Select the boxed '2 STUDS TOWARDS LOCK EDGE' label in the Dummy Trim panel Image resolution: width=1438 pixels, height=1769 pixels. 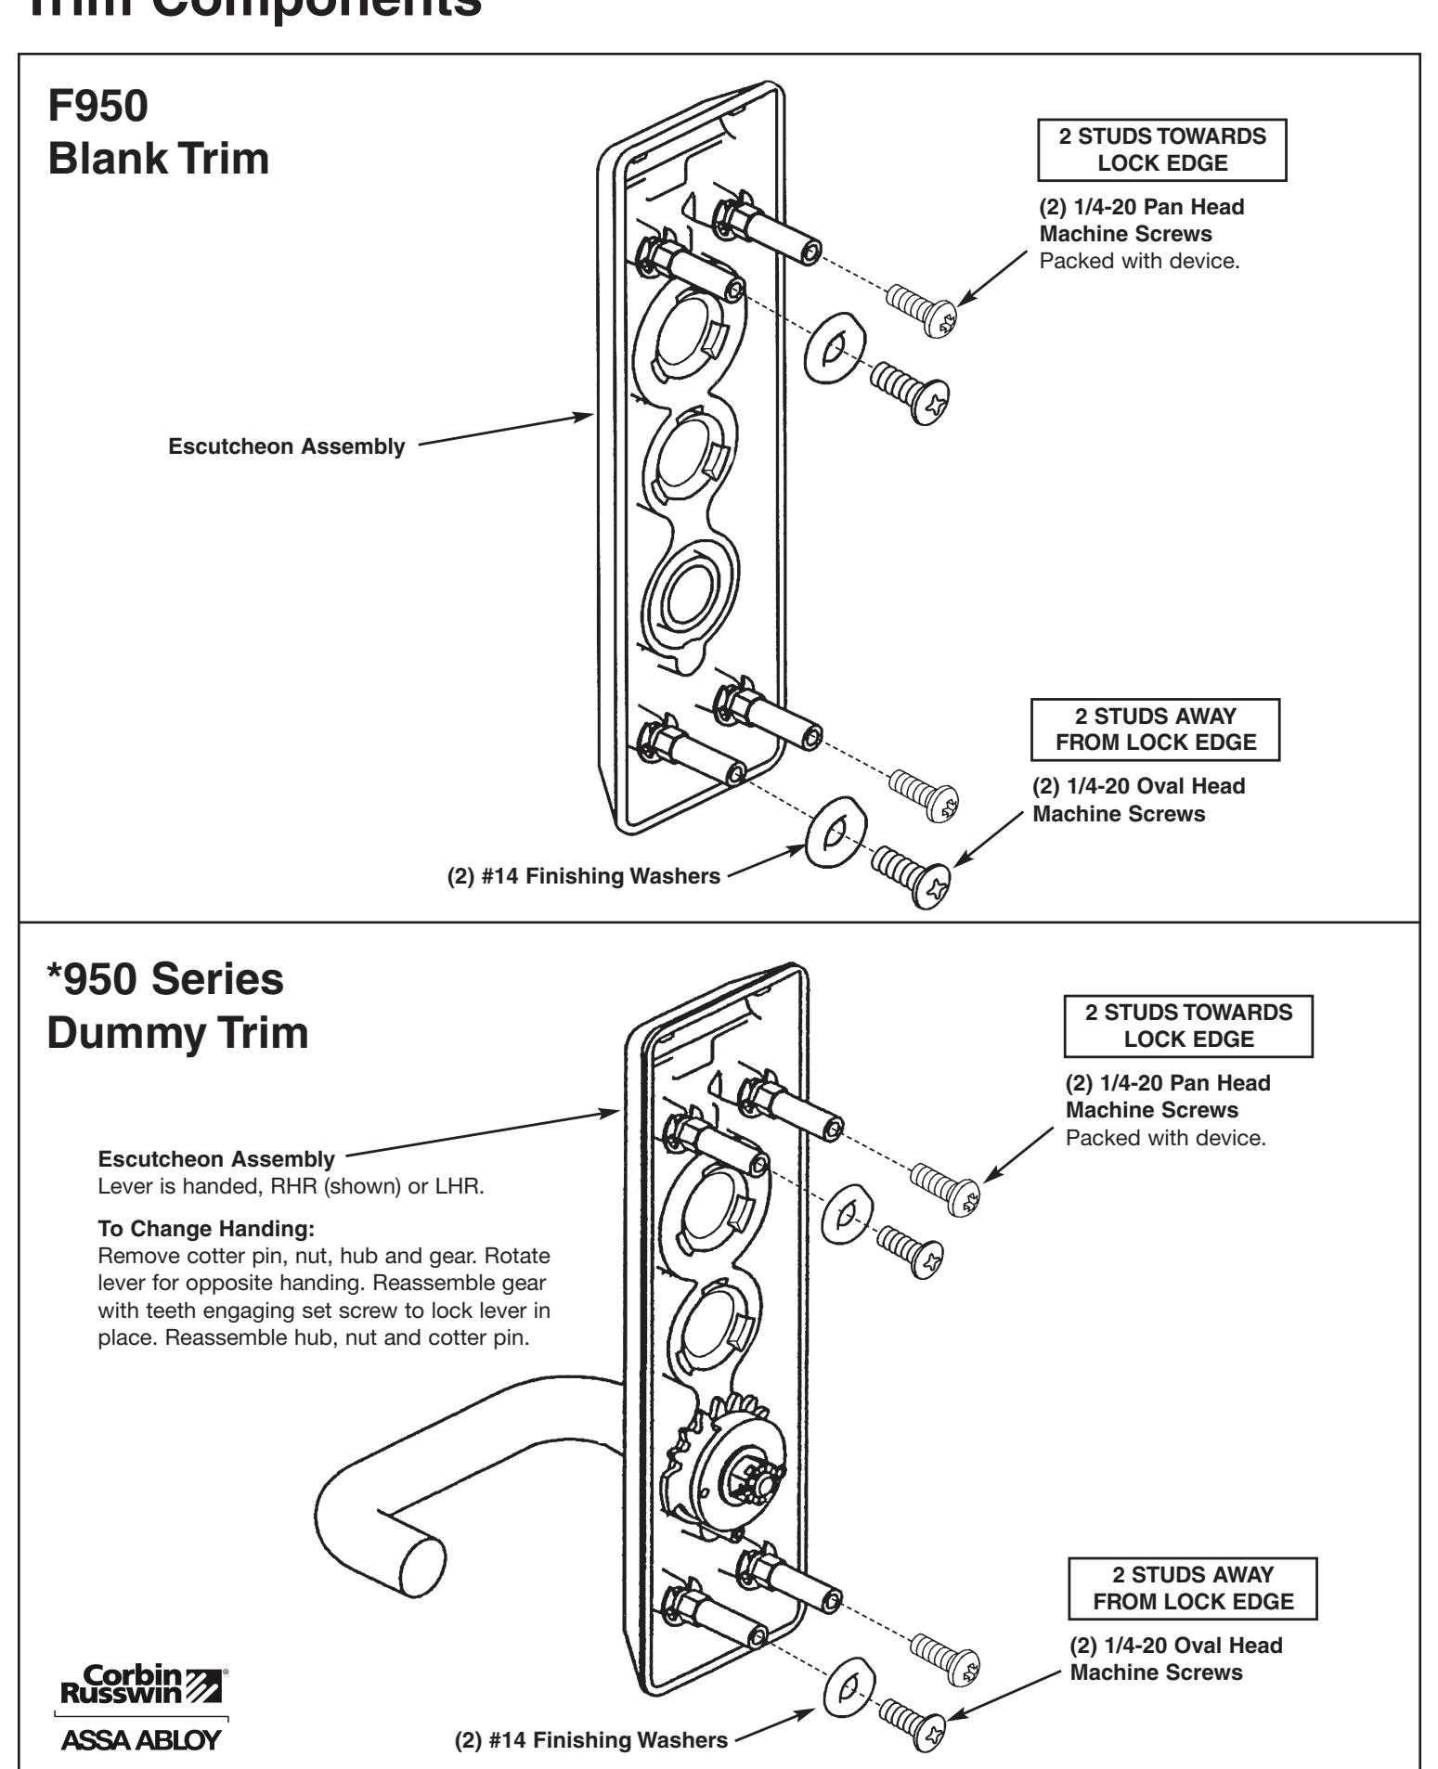click(x=1188, y=1027)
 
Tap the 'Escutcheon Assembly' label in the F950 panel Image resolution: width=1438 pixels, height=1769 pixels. click(x=286, y=447)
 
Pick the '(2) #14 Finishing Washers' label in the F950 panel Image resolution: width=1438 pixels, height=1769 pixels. click(x=583, y=876)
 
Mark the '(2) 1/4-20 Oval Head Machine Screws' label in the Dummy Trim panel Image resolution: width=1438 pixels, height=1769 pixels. click(x=1176, y=1659)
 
